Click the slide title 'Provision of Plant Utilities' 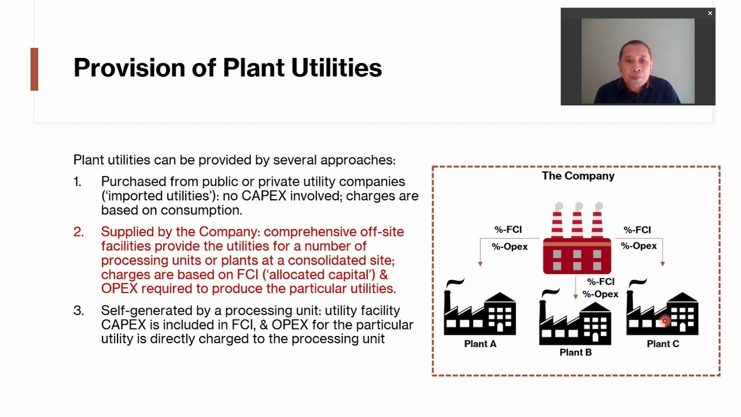227,68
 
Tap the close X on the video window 710,13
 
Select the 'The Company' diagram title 578,176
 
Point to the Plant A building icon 479,310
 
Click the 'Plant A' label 480,344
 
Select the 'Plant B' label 575,352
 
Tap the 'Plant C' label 663,344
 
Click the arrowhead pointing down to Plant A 480,264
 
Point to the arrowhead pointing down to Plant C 662,264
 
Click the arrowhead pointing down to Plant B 575,297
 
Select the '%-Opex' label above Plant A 509,247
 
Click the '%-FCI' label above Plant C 637,230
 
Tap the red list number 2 78,232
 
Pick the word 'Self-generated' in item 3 138,310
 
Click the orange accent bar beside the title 34,69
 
